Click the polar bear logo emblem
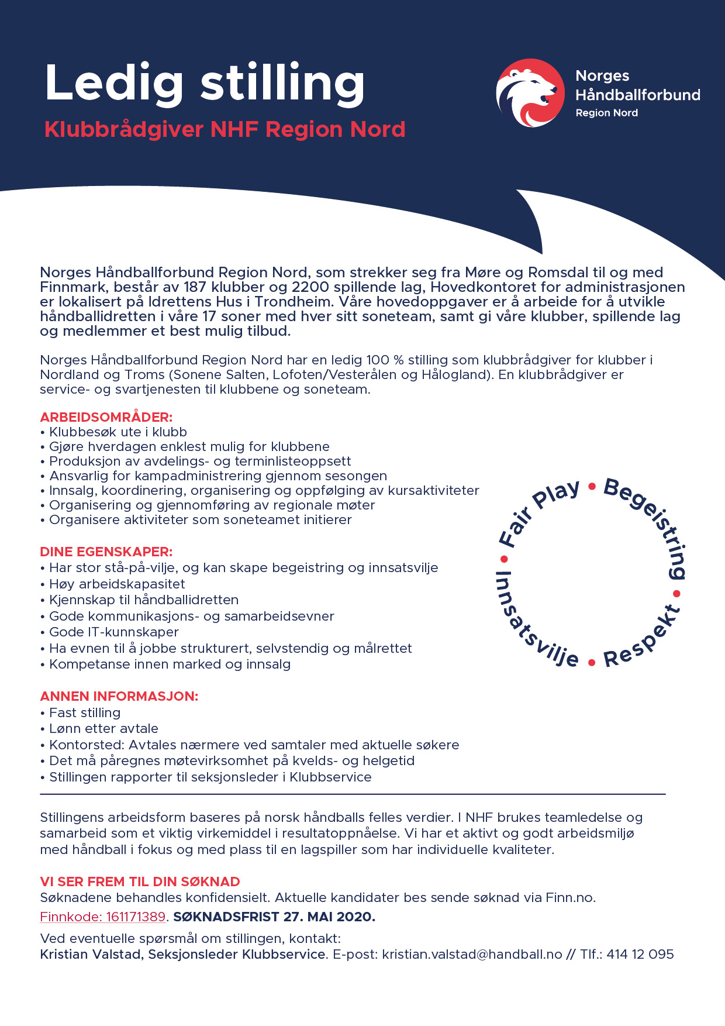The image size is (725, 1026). (x=530, y=93)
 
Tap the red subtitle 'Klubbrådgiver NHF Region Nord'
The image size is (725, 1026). (x=225, y=129)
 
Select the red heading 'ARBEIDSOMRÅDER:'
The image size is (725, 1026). (x=106, y=417)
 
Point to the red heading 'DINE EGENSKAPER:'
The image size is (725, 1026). (x=106, y=552)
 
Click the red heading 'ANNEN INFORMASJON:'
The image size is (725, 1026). (x=119, y=696)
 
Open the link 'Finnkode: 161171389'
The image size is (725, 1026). (x=103, y=917)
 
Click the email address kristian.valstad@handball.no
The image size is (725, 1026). (x=472, y=954)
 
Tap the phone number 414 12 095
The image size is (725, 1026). (x=640, y=954)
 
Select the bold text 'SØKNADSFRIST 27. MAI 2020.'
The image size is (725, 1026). (x=274, y=917)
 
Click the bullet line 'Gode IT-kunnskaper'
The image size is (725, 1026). (x=113, y=632)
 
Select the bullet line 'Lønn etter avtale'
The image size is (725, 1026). (x=103, y=728)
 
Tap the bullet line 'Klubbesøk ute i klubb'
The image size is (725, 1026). (x=118, y=432)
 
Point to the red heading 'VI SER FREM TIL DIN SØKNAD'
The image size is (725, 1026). (x=140, y=882)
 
